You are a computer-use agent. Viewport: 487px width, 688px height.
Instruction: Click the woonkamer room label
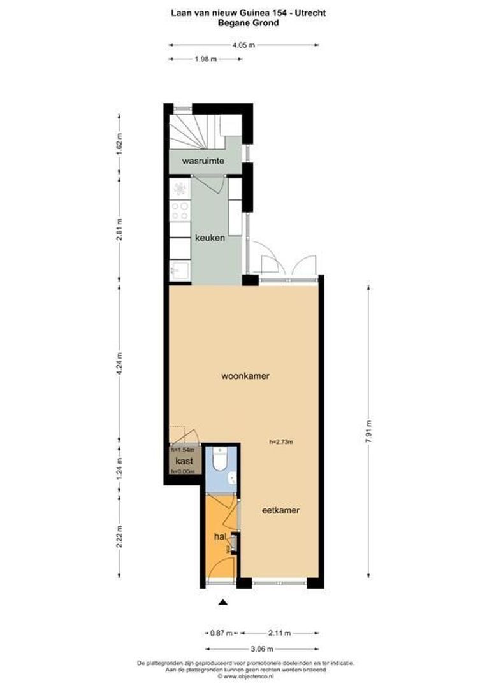point(245,376)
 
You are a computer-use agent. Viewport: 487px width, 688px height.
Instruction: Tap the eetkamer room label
point(281,510)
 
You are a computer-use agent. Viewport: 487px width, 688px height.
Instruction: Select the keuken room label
point(210,238)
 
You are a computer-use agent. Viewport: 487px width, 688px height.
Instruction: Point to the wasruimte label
point(203,161)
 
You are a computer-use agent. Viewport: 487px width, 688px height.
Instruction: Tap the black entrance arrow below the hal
point(223,602)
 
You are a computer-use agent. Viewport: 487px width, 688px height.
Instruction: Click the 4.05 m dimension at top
point(243,45)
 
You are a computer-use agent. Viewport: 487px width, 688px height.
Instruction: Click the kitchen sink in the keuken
point(179,269)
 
